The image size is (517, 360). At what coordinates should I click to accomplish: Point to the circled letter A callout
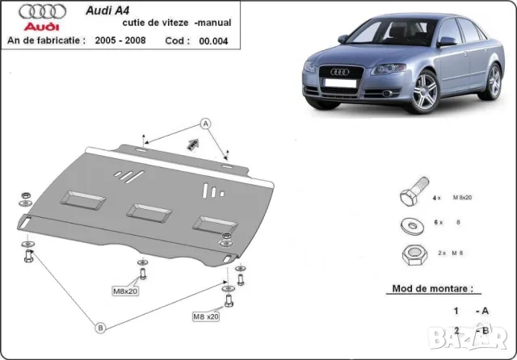click(205, 123)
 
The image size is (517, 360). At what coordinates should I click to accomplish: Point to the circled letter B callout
click(101, 327)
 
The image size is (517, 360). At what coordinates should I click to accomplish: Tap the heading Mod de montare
click(432, 288)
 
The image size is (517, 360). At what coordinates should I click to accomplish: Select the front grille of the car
click(338, 83)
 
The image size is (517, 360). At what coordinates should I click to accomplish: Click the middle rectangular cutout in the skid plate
click(149, 211)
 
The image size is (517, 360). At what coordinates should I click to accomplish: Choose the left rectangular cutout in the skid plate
click(84, 197)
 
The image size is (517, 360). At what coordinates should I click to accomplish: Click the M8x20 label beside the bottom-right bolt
click(205, 316)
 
